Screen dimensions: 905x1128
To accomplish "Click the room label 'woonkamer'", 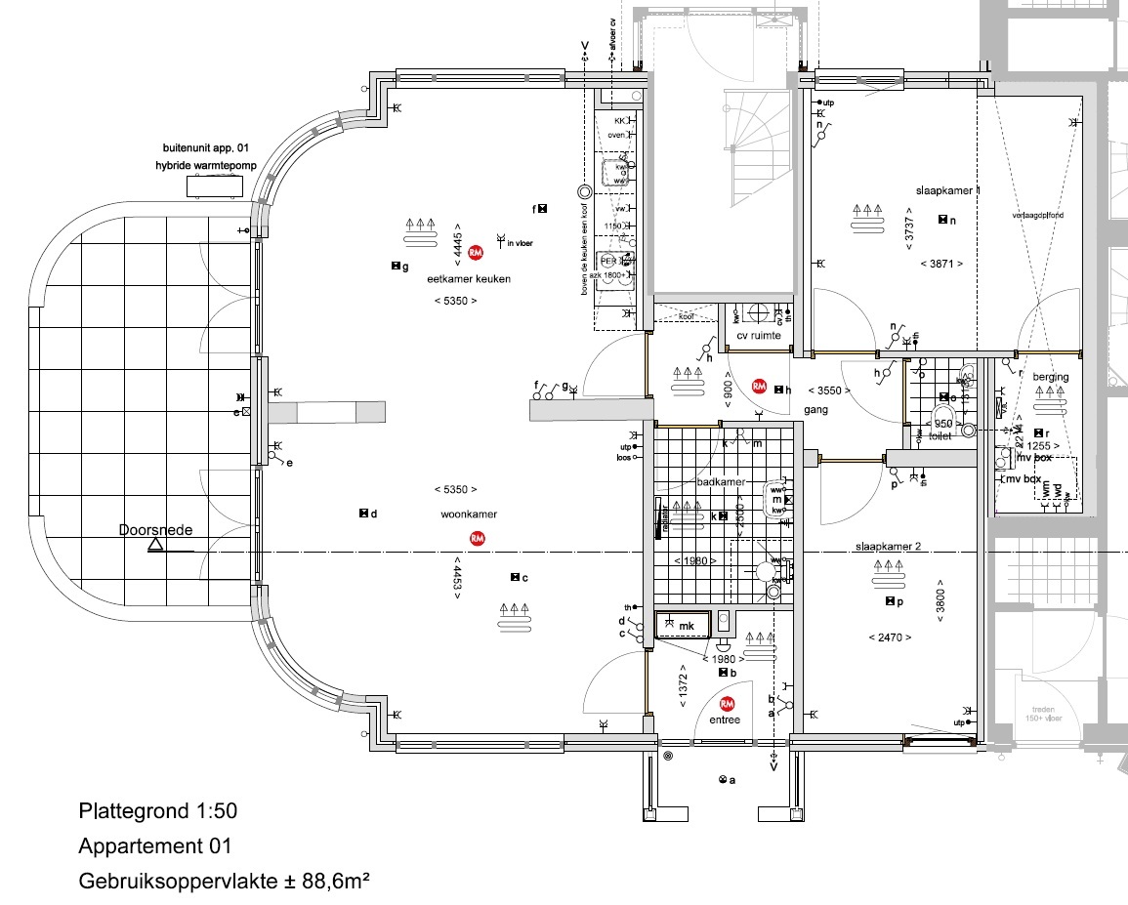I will pyautogui.click(x=469, y=514).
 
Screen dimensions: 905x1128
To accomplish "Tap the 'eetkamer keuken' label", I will pyautogui.click(x=469, y=279).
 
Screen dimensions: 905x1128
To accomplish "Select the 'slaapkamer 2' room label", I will pyautogui.click(x=888, y=548).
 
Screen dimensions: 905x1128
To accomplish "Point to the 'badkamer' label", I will pyautogui.click(x=721, y=482).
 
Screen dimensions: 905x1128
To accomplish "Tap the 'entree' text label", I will pyautogui.click(x=726, y=720).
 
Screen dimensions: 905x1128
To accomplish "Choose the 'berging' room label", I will pyautogui.click(x=1050, y=377).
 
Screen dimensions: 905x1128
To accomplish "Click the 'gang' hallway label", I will pyautogui.click(x=815, y=410).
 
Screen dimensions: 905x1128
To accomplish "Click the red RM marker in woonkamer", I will pyautogui.click(x=478, y=538).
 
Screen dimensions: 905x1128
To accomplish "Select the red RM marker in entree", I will pyautogui.click(x=727, y=704).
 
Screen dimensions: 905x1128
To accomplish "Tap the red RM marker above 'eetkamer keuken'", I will pyautogui.click(x=476, y=253).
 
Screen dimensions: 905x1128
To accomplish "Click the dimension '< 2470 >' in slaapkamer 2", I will pyautogui.click(x=889, y=638).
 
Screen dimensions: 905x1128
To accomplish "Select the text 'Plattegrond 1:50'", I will pyautogui.click(x=157, y=811).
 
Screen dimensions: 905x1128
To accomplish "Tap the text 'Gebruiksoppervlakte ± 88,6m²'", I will pyautogui.click(x=224, y=881).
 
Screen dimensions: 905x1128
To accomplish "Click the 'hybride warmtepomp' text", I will pyautogui.click(x=205, y=166).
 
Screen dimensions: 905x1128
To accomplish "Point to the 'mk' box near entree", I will pyautogui.click(x=687, y=626).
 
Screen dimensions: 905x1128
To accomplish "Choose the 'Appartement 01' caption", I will pyautogui.click(x=155, y=845).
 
